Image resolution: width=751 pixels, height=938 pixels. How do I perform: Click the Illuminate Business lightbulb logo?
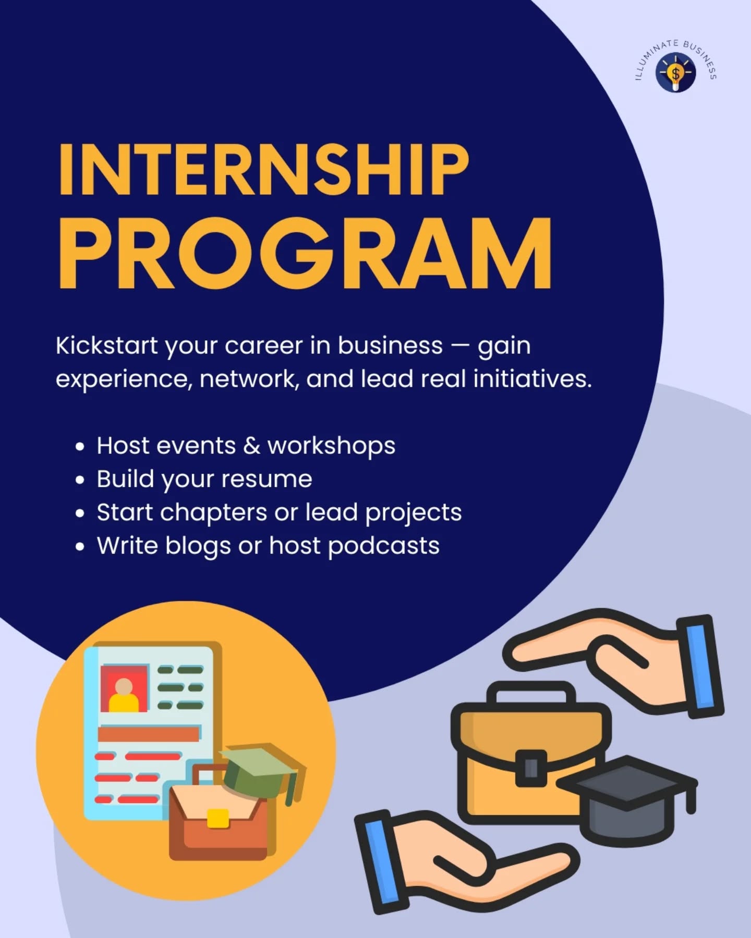(x=676, y=73)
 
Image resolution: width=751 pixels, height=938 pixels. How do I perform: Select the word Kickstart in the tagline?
(x=106, y=345)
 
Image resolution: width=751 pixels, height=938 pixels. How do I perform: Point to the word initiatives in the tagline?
(x=532, y=379)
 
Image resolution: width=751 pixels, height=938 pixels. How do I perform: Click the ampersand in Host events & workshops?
(x=251, y=446)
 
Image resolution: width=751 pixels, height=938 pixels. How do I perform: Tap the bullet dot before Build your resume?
(x=80, y=480)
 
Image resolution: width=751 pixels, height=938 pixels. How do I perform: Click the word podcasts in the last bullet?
(x=384, y=546)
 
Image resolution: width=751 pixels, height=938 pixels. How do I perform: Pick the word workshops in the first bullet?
(x=331, y=446)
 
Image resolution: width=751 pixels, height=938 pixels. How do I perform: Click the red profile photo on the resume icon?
(x=124, y=688)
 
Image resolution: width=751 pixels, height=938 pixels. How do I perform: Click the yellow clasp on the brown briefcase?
(x=218, y=818)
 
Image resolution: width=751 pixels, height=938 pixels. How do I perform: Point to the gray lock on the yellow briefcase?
(x=531, y=768)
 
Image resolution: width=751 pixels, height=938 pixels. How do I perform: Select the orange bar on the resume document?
(x=149, y=734)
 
